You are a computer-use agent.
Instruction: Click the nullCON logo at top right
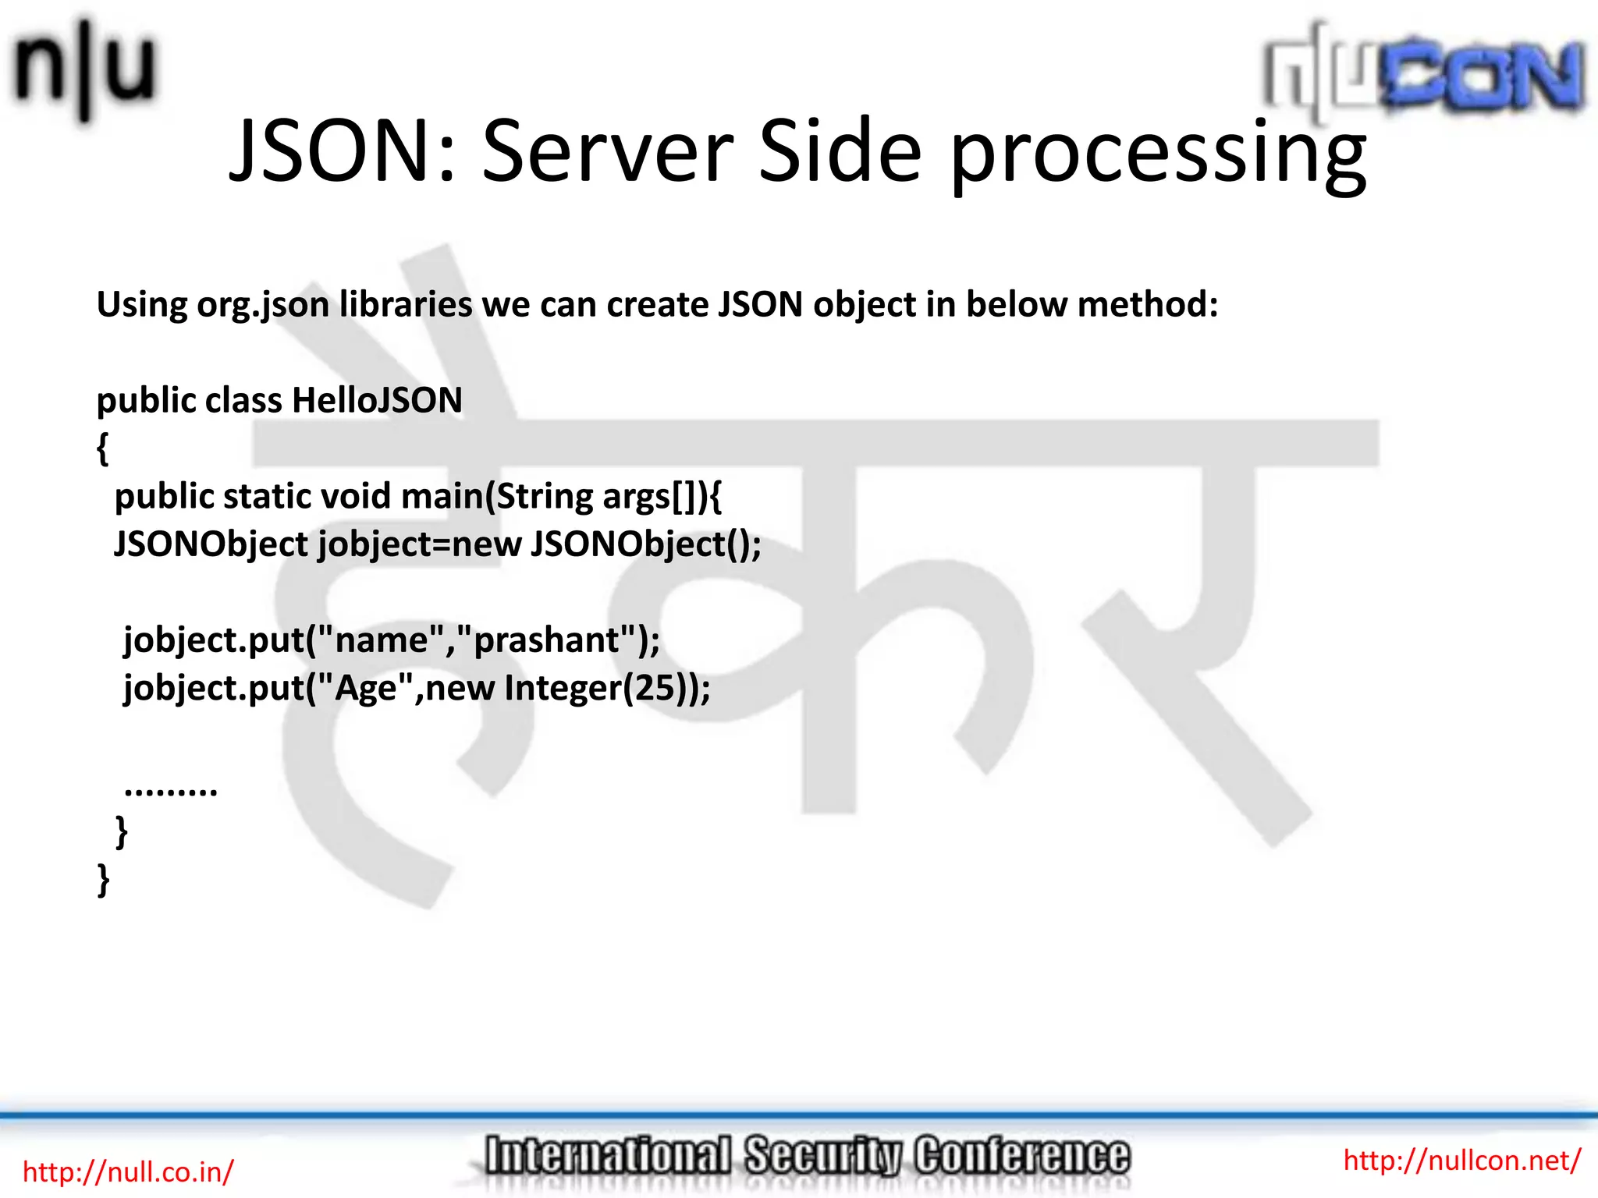pyautogui.click(x=1423, y=75)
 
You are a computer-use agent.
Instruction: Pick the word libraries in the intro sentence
pyautogui.click(x=406, y=303)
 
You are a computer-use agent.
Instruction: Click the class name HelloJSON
pyautogui.click(x=377, y=401)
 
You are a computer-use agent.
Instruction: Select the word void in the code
pyautogui.click(x=356, y=496)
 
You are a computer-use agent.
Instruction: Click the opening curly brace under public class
pyautogui.click(x=103, y=449)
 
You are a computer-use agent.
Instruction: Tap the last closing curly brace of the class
pyautogui.click(x=103, y=880)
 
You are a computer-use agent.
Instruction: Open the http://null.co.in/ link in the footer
pyautogui.click(x=128, y=1171)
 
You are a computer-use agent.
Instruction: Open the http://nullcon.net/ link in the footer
pyautogui.click(x=1461, y=1161)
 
